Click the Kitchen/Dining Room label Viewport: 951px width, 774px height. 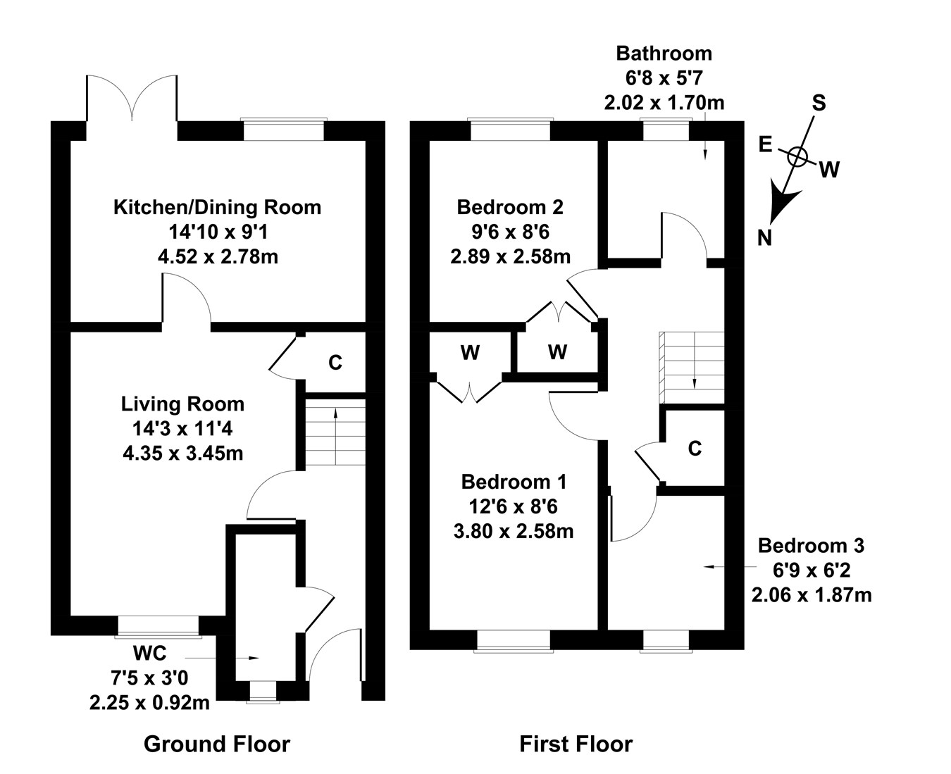tap(217, 208)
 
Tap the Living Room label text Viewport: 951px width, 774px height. tap(182, 404)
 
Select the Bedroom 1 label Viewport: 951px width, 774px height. tap(514, 482)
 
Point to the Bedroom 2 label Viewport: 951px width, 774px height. tap(510, 208)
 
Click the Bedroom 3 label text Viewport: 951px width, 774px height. tap(811, 546)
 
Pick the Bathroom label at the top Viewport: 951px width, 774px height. tap(664, 54)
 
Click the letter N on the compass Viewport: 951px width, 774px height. tap(764, 239)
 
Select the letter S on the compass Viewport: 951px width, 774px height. tap(819, 104)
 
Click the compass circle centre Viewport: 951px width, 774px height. tap(797, 156)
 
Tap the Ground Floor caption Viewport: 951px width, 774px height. tap(217, 744)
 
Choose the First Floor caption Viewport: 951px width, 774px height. tap(576, 744)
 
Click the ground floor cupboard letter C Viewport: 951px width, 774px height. tap(335, 363)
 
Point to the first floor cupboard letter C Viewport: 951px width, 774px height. tap(695, 449)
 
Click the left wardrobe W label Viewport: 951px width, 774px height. tap(470, 353)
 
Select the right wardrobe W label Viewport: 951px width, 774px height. tap(557, 353)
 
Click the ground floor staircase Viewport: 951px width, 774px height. tap(335, 431)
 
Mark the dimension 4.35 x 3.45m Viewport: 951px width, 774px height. tap(182, 453)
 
